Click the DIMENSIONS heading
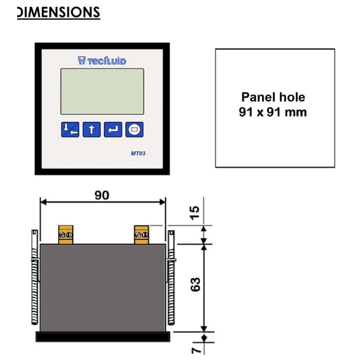(x=58, y=12)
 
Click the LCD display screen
(x=102, y=91)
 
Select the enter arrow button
(x=113, y=129)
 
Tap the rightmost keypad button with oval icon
(x=135, y=129)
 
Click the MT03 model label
(x=139, y=154)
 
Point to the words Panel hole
(x=273, y=97)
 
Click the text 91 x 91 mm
(x=273, y=112)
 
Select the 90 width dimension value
(x=101, y=195)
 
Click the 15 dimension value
(x=195, y=212)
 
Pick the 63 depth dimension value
(x=195, y=284)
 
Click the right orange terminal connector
(x=142, y=234)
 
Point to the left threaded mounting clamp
(x=34, y=283)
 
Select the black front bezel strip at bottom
(x=103, y=336)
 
